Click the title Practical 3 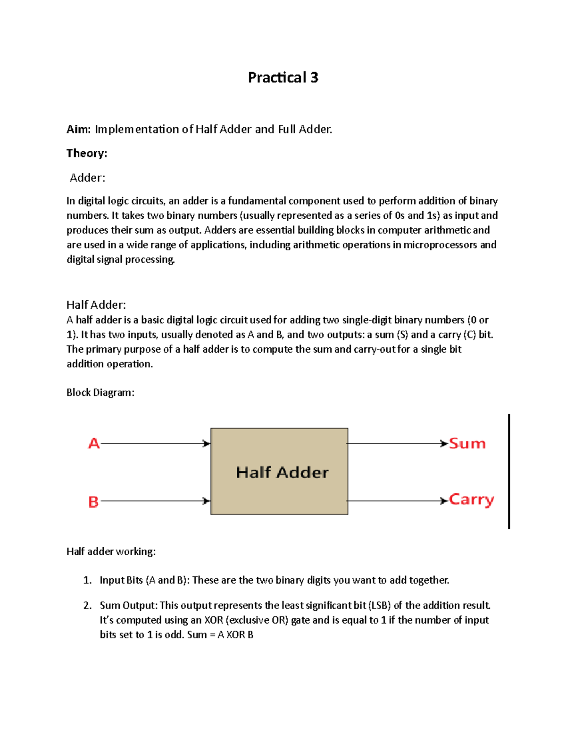click(x=283, y=77)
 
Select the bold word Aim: click(x=78, y=129)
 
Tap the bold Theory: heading click(x=87, y=153)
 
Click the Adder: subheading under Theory click(x=87, y=178)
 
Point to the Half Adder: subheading click(x=96, y=304)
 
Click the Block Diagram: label click(x=100, y=393)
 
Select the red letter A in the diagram click(x=94, y=444)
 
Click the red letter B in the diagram click(x=93, y=502)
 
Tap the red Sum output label click(x=467, y=444)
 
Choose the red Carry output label click(x=471, y=500)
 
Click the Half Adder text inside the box click(x=282, y=472)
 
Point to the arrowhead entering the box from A click(x=207, y=444)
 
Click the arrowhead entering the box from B click(x=207, y=501)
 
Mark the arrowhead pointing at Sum click(x=444, y=444)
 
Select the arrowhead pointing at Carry click(x=444, y=501)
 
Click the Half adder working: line click(x=111, y=551)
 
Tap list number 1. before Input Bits click(x=87, y=580)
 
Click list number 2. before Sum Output click(x=87, y=606)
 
